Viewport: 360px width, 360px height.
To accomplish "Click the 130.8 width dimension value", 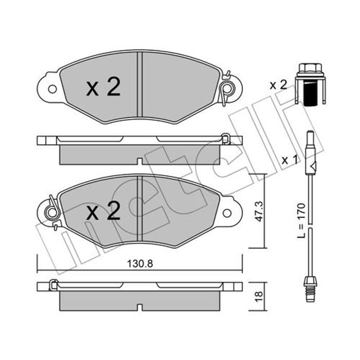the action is coord(140,264).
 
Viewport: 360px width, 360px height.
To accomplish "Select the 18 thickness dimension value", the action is coord(259,297).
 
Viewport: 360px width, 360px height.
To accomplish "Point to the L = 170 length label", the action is coord(301,220).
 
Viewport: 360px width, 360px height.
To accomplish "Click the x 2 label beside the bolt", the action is coord(278,85).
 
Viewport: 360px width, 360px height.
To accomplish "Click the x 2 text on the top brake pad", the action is coord(103,87).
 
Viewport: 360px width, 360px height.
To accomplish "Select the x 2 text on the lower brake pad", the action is coord(103,211).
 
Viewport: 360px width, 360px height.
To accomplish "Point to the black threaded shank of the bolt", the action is coord(310,94).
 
